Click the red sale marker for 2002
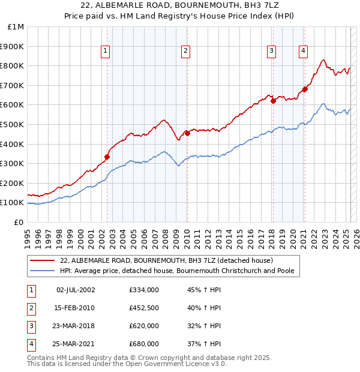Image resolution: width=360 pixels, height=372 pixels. (107, 157)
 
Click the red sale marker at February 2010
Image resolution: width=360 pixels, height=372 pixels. (187, 133)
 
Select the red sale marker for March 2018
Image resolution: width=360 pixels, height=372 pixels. (273, 101)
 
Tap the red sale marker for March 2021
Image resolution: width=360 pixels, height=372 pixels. (305, 89)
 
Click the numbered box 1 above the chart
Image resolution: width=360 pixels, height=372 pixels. (105, 51)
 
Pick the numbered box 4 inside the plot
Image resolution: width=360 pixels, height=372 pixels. (304, 51)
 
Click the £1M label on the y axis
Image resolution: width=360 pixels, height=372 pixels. (16, 27)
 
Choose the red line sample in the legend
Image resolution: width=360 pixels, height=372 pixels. (43, 260)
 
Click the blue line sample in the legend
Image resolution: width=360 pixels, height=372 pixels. (43, 271)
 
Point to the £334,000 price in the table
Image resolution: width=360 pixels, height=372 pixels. (143, 290)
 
